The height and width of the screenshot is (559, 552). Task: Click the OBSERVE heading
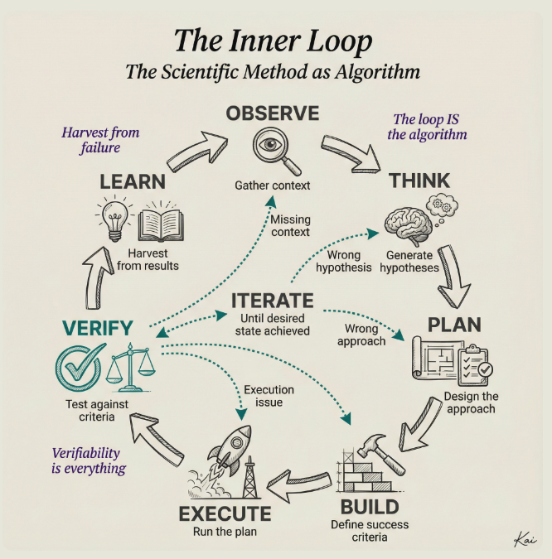pos(273,113)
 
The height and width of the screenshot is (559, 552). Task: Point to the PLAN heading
pos(454,324)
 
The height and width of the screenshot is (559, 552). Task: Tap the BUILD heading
pos(370,507)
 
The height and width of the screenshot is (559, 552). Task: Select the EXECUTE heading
pos(225,513)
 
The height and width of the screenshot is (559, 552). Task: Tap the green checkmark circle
pos(80,364)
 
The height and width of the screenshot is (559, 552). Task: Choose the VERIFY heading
pos(95,328)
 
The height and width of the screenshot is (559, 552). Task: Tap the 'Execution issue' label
pos(269,396)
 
